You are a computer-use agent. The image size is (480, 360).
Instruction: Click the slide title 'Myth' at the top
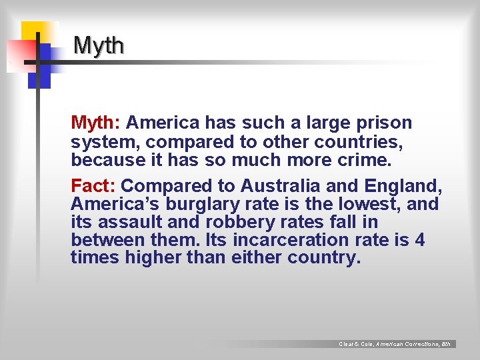99,45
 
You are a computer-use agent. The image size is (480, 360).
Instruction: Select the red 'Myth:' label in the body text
95,123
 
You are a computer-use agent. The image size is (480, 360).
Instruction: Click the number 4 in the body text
419,239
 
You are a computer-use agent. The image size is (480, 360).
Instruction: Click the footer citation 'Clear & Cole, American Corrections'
395,344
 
